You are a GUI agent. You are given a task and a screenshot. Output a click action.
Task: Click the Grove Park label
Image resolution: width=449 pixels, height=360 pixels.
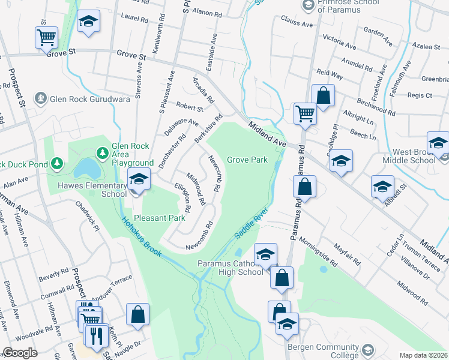point(247,160)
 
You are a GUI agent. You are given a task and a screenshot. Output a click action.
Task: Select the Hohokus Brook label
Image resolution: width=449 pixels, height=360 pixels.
point(142,237)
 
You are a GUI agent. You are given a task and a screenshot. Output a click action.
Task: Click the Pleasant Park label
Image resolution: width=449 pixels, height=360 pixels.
point(160,218)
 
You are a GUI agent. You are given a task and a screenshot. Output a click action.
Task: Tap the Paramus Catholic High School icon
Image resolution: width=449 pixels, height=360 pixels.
point(265,255)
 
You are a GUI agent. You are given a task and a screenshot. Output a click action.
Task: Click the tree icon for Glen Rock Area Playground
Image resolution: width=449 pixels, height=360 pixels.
point(103,154)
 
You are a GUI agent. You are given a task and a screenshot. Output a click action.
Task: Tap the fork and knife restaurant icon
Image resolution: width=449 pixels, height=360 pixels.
point(97,335)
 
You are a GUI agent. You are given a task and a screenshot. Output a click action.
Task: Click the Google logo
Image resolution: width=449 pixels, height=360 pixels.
point(20,353)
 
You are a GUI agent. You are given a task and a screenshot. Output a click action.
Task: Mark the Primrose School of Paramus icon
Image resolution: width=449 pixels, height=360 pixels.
point(308,5)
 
